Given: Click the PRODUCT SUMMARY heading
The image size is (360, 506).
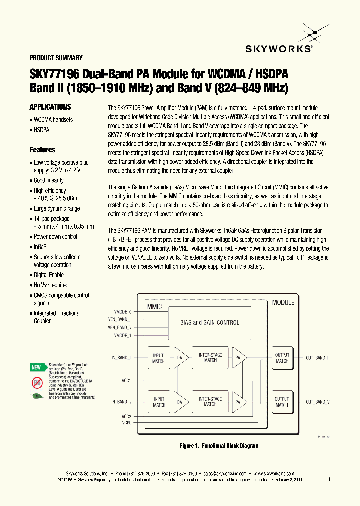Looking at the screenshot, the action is coord(56,58).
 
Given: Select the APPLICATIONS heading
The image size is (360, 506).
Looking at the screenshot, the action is coord(50,107).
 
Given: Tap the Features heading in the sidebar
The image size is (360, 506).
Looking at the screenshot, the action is coord(42,150).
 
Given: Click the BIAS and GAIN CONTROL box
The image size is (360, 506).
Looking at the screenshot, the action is coord(210,323).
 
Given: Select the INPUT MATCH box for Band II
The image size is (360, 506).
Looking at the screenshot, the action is coord(159,358).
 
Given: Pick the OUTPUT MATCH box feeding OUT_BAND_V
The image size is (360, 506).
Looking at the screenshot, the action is coord(282,402).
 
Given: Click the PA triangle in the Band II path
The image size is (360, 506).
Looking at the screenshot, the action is coord(239,358).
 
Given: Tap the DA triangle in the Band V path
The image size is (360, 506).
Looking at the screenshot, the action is coord(181,402).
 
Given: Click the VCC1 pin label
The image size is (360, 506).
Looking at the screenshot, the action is coord(126,380).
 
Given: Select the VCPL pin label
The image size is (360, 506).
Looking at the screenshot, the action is coord(126,423).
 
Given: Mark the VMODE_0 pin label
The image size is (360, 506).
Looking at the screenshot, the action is coord(123,312).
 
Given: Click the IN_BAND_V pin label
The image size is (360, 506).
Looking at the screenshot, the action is coord(121,402).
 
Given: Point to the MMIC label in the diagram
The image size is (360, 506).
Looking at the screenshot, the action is coord(154,307).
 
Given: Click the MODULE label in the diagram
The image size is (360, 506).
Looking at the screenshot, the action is coord(283,302).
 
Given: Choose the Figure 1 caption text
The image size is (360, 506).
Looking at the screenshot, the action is coord(219,446).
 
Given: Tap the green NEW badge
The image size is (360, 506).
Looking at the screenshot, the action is coord(37,367).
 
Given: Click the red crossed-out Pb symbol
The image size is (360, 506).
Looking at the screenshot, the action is coord(37,383).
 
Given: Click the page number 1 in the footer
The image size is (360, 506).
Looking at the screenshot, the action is coord(329,479).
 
